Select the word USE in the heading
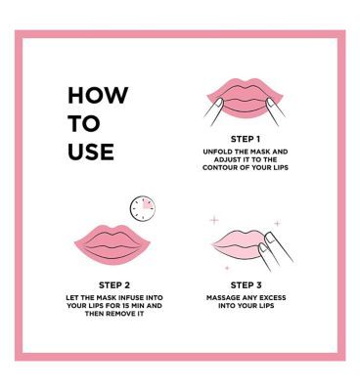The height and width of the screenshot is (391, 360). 91,152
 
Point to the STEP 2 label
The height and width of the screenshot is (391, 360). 114,285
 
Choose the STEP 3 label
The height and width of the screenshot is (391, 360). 245,285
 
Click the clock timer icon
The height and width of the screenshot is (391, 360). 143,206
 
